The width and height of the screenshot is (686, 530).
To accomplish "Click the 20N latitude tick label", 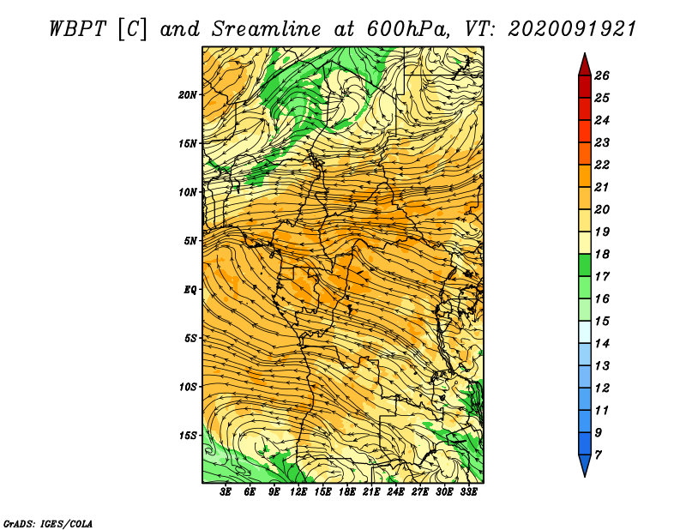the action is pos(187,95).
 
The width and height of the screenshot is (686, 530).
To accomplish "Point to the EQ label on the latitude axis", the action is pos(190,290).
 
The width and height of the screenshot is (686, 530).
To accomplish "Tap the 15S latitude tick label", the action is pos(187,436).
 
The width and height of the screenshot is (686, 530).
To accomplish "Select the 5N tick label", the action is pos(190,241).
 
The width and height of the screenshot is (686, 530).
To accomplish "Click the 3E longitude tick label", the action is pos(226,492).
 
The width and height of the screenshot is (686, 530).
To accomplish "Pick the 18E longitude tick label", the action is pos(346,492).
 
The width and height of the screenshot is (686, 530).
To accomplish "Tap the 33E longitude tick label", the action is pos(468,492).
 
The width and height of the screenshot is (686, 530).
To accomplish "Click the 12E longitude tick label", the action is pos(298,492).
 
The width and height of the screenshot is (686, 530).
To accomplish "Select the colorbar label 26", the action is pos(602,75).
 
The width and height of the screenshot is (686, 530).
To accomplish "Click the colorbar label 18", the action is pos(602,254).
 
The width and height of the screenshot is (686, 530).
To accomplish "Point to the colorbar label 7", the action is pos(598,455).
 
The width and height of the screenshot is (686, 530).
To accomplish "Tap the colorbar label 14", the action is pos(602,344).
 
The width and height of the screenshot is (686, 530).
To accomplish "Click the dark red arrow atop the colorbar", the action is pos(585,65).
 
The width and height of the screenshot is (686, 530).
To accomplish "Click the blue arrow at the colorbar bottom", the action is pos(585,466).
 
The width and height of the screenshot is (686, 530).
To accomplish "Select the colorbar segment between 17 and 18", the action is pos(585,265).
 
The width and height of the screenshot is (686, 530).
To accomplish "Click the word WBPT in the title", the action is pos(77,29).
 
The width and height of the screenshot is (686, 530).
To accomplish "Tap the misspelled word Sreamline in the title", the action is pos(267,29).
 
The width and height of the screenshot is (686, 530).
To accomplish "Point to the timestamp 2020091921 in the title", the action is pos(572,29).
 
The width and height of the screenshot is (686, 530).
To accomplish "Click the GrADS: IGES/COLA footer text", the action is pos(48,523).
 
